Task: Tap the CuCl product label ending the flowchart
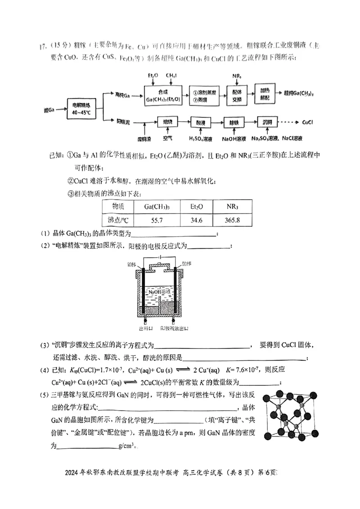point(308,122)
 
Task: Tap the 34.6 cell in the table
point(197,220)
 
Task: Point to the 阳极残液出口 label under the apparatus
point(175,329)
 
